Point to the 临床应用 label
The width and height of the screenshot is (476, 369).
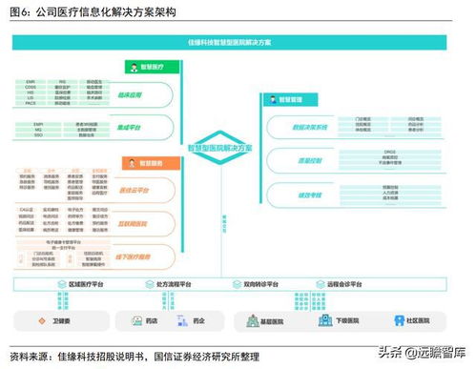(x=143, y=95)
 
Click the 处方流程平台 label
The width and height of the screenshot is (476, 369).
(x=177, y=285)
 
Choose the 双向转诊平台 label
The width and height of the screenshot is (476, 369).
(x=259, y=285)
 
